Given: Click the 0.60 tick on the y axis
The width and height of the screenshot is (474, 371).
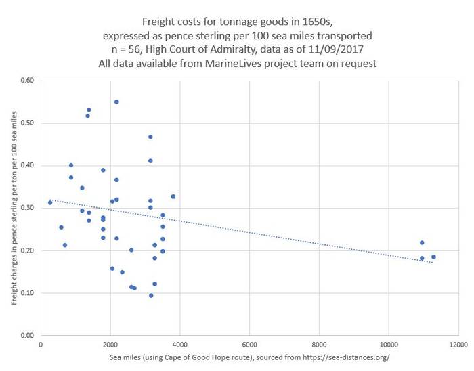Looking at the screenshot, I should pos(26,81).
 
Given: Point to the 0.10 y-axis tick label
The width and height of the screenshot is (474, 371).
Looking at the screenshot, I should pos(26,293).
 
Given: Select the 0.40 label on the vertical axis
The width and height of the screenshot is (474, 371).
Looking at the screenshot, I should pos(26,166).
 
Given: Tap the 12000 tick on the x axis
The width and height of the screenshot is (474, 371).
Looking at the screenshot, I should pos(458,343).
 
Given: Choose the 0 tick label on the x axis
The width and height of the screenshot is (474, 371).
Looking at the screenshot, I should pos(41,343).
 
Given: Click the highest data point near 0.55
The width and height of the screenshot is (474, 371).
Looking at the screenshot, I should pos(116,102).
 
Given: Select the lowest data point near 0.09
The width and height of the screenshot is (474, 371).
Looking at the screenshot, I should pos(151,295).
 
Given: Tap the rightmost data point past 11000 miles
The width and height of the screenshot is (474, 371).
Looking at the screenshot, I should pos(433,257).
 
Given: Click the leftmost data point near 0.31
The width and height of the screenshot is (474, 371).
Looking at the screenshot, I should pos(50,202).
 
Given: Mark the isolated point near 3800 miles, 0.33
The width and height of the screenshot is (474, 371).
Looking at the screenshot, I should pos(173,196).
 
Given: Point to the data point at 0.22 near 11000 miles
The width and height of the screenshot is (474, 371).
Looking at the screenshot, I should pos(422,242).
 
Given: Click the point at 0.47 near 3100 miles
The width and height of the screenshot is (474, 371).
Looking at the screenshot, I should pos(150,137).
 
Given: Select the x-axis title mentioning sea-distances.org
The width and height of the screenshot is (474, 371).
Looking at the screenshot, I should pos(250,357).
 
